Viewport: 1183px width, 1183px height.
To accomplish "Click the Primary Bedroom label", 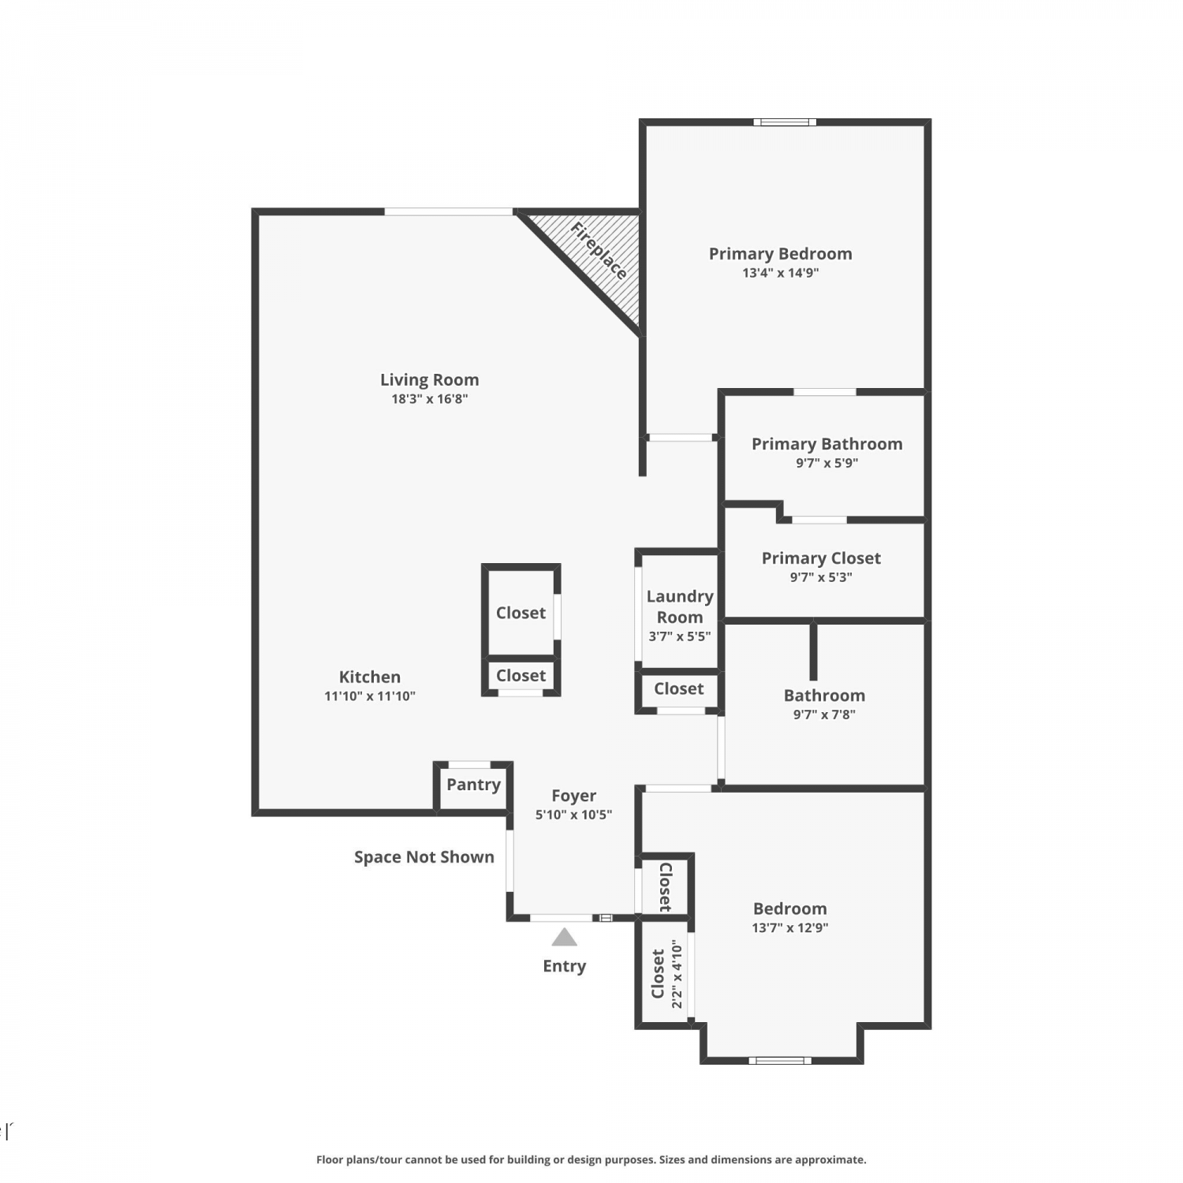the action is (780, 254).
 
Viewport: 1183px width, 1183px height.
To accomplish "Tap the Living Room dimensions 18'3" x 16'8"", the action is (430, 399).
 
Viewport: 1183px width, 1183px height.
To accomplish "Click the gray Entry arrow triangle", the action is (564, 937).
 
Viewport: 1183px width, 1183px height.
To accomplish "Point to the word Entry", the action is (564, 966).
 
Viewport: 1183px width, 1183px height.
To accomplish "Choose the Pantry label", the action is (473, 785).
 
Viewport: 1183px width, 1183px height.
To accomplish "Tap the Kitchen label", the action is (370, 677).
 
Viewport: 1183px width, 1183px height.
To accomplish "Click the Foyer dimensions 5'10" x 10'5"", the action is (573, 815).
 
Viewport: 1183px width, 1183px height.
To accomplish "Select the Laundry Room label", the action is (680, 606).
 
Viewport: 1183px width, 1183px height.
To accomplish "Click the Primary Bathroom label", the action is (827, 444).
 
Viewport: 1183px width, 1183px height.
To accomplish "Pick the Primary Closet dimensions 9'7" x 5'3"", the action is (821, 577).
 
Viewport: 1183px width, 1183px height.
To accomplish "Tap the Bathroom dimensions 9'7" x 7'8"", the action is (824, 715).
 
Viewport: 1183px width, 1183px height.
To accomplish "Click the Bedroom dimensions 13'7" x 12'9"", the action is (789, 927).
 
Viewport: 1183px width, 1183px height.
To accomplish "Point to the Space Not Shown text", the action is (424, 857).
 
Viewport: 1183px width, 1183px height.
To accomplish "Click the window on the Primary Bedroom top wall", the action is (785, 122).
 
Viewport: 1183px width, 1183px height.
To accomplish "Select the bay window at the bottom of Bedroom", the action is (780, 1060).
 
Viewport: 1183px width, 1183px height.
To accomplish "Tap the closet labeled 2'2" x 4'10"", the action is (665, 974).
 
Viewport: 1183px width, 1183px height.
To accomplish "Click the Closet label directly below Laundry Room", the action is (678, 689).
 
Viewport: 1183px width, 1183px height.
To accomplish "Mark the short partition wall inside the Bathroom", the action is (814, 651).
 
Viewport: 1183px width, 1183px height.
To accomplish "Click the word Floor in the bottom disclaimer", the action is (330, 1159).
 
